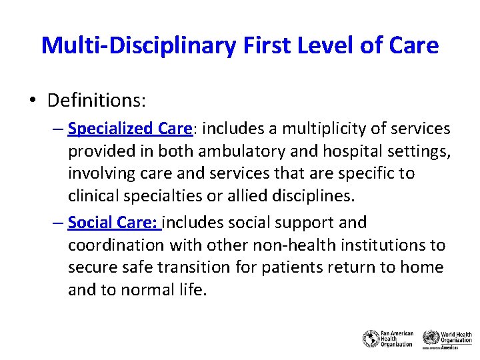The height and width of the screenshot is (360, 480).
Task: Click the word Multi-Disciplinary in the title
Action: (x=137, y=45)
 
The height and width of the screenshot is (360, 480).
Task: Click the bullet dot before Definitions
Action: (x=33, y=101)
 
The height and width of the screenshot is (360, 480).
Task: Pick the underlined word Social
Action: (x=88, y=223)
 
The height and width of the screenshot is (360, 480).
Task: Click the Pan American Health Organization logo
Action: (x=388, y=339)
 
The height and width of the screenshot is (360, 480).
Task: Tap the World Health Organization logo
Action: (x=447, y=339)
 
